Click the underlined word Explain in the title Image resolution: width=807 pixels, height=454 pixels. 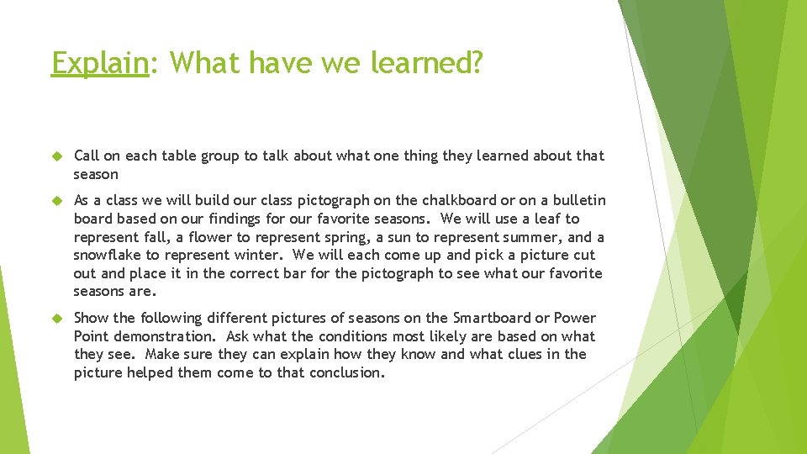(99, 62)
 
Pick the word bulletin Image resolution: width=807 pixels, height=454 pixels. (576, 200)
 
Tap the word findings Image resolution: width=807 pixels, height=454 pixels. (224, 219)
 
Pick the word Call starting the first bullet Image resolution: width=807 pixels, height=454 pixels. (87, 156)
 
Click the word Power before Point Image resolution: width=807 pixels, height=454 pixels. (575, 318)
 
